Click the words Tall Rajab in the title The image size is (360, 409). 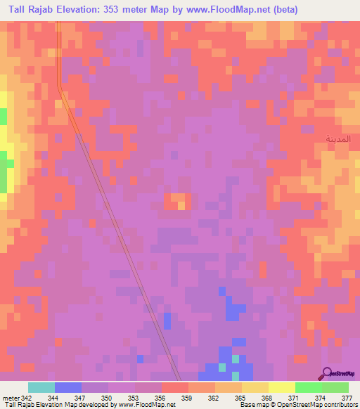[31, 9]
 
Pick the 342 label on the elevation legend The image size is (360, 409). [27, 398]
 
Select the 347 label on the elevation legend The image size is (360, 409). [81, 398]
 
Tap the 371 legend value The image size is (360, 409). [295, 398]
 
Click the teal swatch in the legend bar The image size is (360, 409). [41, 387]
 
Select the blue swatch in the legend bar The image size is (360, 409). [68, 387]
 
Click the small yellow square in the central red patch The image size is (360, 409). [181, 205]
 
